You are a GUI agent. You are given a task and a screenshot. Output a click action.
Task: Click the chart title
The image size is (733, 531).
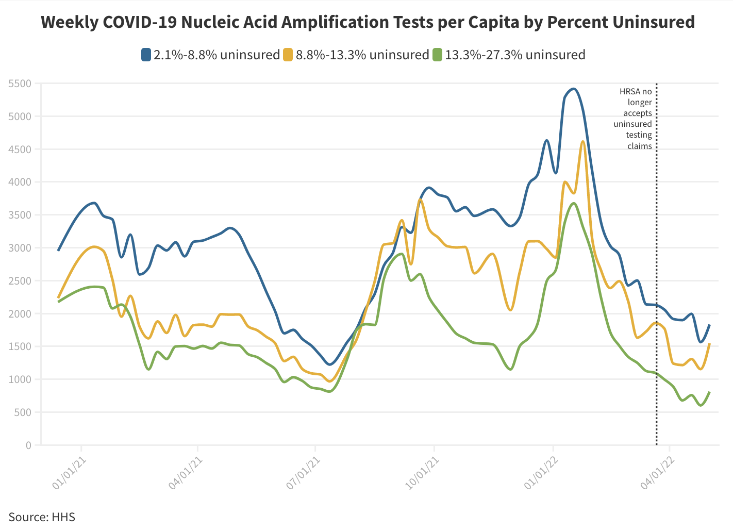[x=368, y=22]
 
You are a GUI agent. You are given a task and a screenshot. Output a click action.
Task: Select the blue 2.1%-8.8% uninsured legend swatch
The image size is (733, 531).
[x=146, y=55]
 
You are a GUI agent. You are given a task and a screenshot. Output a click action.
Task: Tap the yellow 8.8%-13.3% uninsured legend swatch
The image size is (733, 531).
[x=288, y=55]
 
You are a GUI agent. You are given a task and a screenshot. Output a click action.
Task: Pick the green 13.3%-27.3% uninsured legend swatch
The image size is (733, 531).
[x=437, y=55]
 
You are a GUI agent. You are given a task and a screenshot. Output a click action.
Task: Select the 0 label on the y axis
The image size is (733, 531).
[x=28, y=445]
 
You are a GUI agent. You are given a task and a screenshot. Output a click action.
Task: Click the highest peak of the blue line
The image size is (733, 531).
[x=574, y=89]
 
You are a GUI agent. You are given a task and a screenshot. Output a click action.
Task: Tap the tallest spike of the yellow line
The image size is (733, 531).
[x=582, y=141]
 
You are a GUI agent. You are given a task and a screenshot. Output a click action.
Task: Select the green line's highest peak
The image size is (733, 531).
[x=574, y=203]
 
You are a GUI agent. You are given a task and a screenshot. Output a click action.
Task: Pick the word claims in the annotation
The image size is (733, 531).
[x=640, y=146]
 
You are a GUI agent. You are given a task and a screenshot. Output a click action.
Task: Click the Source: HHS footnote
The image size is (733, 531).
[x=42, y=517]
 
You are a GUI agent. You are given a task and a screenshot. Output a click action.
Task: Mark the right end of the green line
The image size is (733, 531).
[x=710, y=392]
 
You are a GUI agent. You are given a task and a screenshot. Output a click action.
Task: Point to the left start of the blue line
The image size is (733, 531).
[x=58, y=251]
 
